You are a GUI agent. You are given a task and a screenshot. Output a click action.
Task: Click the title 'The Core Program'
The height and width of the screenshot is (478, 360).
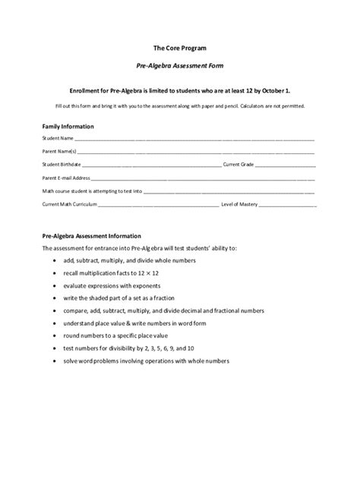click(179, 47)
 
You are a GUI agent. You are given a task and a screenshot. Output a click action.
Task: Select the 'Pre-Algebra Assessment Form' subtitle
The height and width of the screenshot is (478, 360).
click(179, 67)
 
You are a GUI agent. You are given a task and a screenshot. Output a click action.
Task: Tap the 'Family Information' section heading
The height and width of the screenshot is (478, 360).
click(68, 126)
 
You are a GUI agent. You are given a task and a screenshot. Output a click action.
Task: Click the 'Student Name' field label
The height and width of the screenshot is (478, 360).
click(58, 139)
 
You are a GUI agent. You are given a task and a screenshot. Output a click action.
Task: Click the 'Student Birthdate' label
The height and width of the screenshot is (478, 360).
click(62, 164)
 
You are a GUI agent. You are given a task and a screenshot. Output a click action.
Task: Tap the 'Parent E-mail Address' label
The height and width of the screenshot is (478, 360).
click(65, 177)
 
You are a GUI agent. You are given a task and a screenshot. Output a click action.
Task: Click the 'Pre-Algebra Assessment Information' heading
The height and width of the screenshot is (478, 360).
click(91, 236)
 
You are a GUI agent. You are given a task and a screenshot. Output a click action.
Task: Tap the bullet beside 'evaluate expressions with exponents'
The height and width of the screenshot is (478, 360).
click(57, 285)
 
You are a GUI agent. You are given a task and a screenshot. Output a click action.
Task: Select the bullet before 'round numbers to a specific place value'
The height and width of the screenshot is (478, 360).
click(57, 335)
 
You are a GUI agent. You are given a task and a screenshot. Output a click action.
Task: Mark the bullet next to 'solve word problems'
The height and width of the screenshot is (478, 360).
click(57, 360)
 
